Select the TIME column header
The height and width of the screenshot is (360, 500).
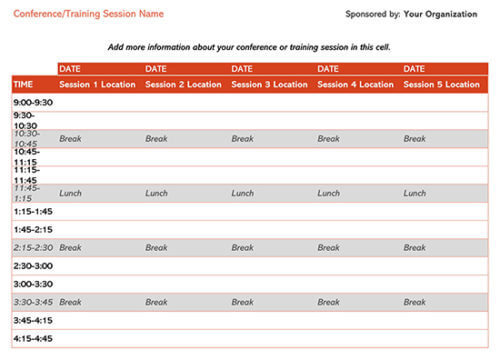point(23,85)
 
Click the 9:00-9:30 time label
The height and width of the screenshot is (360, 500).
point(33,102)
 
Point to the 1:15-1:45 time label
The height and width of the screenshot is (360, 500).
point(33,211)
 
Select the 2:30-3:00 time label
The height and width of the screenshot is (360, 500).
point(33,265)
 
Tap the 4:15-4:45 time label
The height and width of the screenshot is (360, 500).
point(33,338)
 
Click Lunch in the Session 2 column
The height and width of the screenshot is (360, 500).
point(156,193)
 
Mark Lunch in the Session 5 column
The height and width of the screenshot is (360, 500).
point(414,193)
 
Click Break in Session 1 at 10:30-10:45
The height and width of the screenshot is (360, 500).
point(70,139)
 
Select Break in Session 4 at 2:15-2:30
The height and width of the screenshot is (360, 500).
point(328,247)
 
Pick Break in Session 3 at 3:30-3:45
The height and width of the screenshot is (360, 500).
point(242,301)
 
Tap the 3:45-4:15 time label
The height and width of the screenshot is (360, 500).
point(33,320)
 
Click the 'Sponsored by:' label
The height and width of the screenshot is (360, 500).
point(372,15)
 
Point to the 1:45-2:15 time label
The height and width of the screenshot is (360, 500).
point(33,229)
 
